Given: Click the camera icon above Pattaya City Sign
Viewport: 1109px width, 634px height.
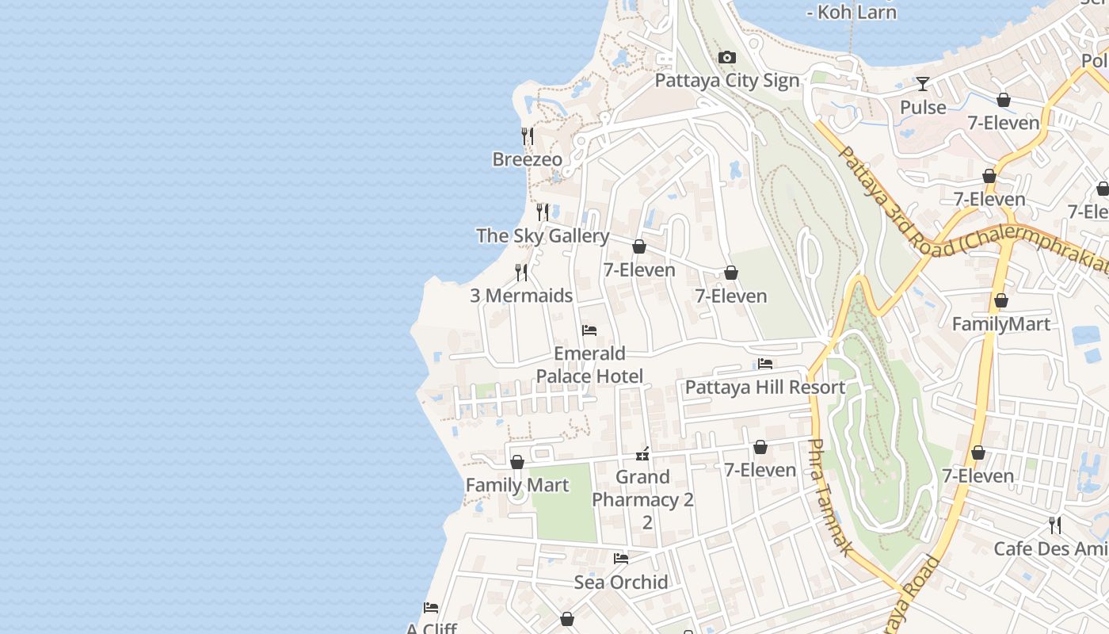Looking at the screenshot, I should [726, 58].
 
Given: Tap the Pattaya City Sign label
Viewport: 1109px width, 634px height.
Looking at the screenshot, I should [726, 81].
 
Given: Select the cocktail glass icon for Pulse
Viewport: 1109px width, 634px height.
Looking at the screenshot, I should [923, 84].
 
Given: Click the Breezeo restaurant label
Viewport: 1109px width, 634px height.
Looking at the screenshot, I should [527, 159].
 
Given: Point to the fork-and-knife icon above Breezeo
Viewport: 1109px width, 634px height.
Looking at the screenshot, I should [527, 136].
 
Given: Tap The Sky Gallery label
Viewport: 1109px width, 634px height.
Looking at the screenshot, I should [543, 235].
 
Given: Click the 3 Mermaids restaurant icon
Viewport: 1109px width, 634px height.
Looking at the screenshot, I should [521, 273].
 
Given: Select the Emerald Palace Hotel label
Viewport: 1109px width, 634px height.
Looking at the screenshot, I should [589, 365].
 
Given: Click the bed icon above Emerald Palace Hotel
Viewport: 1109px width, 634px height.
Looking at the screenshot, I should [589, 330].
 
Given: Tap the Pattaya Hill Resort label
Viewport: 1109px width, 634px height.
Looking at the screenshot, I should [764, 388].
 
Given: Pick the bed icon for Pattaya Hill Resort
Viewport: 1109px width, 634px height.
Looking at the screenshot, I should [764, 364].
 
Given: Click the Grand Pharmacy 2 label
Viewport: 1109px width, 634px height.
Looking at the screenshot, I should [642, 489].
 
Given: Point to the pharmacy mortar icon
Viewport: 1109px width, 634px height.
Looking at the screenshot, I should [642, 454].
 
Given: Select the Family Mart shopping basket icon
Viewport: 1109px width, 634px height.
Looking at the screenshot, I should [517, 462].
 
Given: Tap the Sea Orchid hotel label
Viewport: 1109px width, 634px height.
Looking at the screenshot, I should [621, 582].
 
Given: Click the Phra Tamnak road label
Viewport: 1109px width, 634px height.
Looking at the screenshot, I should [830, 497].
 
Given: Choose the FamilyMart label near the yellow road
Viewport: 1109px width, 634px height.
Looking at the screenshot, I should [1000, 324].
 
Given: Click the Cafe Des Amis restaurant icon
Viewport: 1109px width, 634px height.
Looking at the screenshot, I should [1054, 525].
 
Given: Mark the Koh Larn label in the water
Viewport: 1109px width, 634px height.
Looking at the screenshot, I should [852, 12].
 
